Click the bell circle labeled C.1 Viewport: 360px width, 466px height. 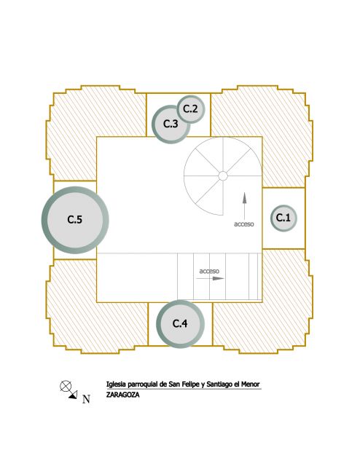[x=283, y=218]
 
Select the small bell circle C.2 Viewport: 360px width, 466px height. [x=191, y=109]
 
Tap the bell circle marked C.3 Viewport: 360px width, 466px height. [x=171, y=124]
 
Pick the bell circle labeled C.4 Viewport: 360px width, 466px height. [x=180, y=323]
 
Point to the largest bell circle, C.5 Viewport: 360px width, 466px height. [x=75, y=220]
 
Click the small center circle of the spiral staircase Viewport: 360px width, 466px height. [x=223, y=176]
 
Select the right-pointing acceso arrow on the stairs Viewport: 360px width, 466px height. [x=210, y=278]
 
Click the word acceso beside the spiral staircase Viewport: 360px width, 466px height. [x=244, y=224]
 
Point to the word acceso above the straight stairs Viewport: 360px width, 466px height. [x=209, y=271]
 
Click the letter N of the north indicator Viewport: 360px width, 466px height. [x=86, y=399]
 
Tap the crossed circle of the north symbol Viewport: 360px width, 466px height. [x=66, y=386]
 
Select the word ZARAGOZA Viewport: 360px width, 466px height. [x=122, y=395]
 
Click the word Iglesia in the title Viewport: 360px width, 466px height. [x=116, y=384]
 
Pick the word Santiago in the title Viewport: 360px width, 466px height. [x=219, y=384]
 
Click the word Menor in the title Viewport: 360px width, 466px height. [x=250, y=384]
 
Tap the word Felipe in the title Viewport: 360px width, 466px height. [x=190, y=384]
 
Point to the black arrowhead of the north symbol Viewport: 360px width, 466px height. [x=74, y=395]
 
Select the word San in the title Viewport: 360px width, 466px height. [x=173, y=384]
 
